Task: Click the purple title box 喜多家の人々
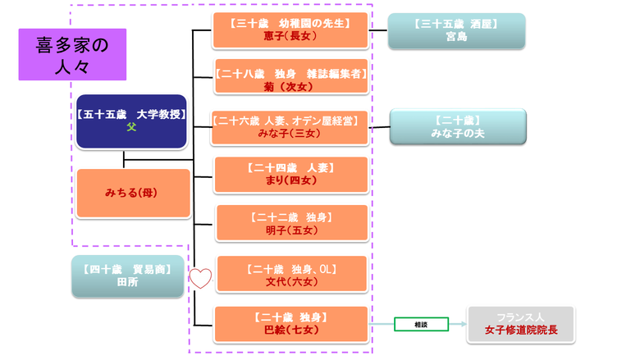pyautogui.click(x=72, y=54)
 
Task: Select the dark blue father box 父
pyautogui.click(x=131, y=121)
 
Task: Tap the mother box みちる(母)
pyautogui.click(x=133, y=194)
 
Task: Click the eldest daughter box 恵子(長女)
pyautogui.click(x=290, y=30)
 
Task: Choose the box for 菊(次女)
pyautogui.click(x=290, y=79)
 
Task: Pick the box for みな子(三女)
pyautogui.click(x=290, y=128)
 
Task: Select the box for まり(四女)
pyautogui.click(x=290, y=175)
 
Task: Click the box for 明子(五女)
pyautogui.click(x=290, y=224)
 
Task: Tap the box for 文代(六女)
pyautogui.click(x=290, y=273)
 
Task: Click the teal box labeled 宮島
pyautogui.click(x=456, y=31)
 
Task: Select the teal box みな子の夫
pyautogui.click(x=458, y=127)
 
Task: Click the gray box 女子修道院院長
pyautogui.click(x=521, y=325)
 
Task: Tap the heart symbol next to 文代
pyautogui.click(x=201, y=278)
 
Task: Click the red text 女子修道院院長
pyautogui.click(x=521, y=331)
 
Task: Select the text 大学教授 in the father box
pyautogui.click(x=161, y=115)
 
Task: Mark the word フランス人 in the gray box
pyautogui.click(x=521, y=317)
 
